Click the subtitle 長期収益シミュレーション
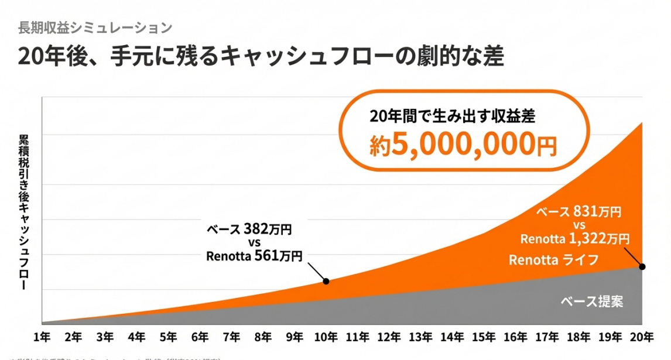[95, 28]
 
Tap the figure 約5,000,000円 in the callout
[463, 144]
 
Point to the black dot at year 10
[326, 282]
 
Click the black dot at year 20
[642, 267]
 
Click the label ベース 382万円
[249, 229]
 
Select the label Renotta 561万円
[254, 255]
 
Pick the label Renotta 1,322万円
[575, 238]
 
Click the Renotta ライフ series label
[553, 260]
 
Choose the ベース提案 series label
[592, 302]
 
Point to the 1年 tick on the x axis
[42, 337]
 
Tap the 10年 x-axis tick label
[326, 337]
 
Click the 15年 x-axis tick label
[484, 337]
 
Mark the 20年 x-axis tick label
[642, 337]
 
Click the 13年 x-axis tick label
[421, 337]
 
